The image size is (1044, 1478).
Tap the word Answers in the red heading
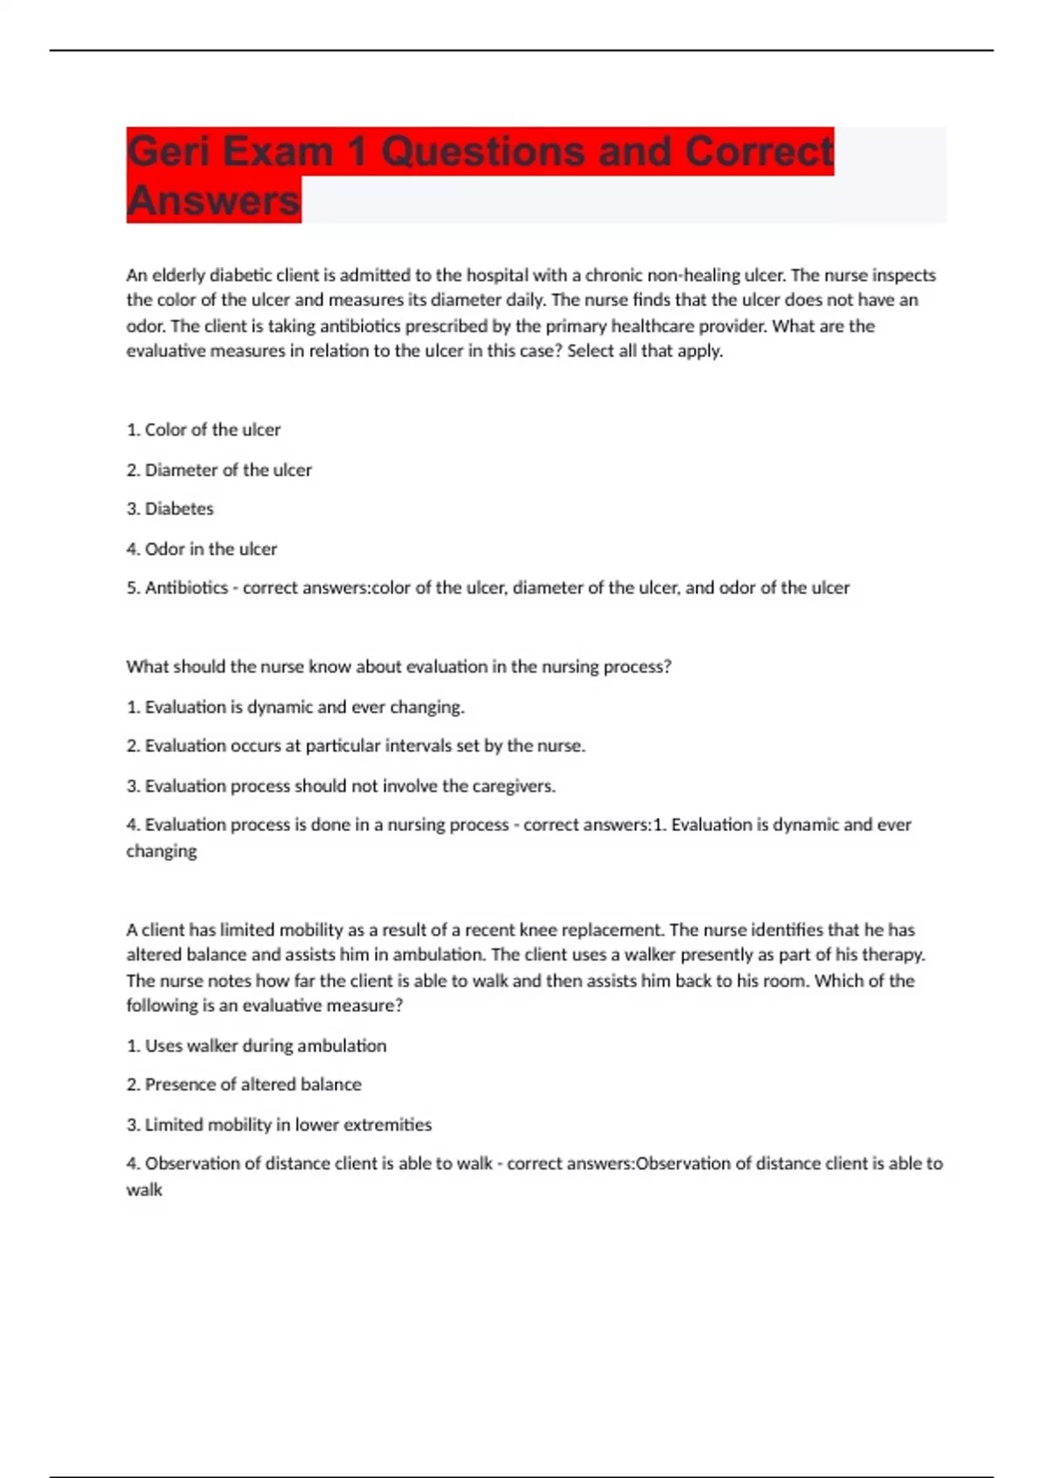[213, 201]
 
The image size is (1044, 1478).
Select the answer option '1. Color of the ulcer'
[204, 429]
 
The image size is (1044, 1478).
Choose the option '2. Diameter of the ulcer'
[218, 469]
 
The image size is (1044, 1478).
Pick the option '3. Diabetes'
[170, 509]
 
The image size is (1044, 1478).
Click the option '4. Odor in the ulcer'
[201, 549]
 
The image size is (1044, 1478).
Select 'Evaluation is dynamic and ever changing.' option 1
[295, 707]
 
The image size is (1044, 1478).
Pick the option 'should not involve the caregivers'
[340, 786]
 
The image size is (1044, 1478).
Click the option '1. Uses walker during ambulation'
[256, 1046]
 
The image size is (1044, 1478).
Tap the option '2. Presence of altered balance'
[244, 1084]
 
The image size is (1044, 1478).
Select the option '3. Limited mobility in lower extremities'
[278, 1124]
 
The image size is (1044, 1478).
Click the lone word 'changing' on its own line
[161, 851]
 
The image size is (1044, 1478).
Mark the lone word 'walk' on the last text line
[144, 1190]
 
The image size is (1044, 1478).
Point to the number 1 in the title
[357, 151]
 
